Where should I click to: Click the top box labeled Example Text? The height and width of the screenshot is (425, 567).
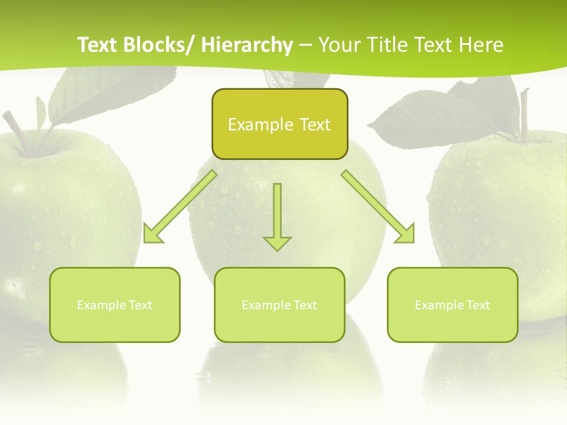279,124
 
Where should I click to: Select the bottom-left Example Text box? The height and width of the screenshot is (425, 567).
115,305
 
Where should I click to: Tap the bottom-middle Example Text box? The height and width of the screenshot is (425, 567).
279,305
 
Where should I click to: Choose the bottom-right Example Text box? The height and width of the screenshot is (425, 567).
452,305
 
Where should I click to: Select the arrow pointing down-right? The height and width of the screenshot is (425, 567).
378,207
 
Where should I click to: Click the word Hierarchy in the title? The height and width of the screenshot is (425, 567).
247,45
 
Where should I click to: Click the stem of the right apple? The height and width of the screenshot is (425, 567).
523,115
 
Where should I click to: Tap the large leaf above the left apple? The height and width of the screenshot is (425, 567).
112,94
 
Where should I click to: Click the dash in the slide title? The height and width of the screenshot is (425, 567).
305,45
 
